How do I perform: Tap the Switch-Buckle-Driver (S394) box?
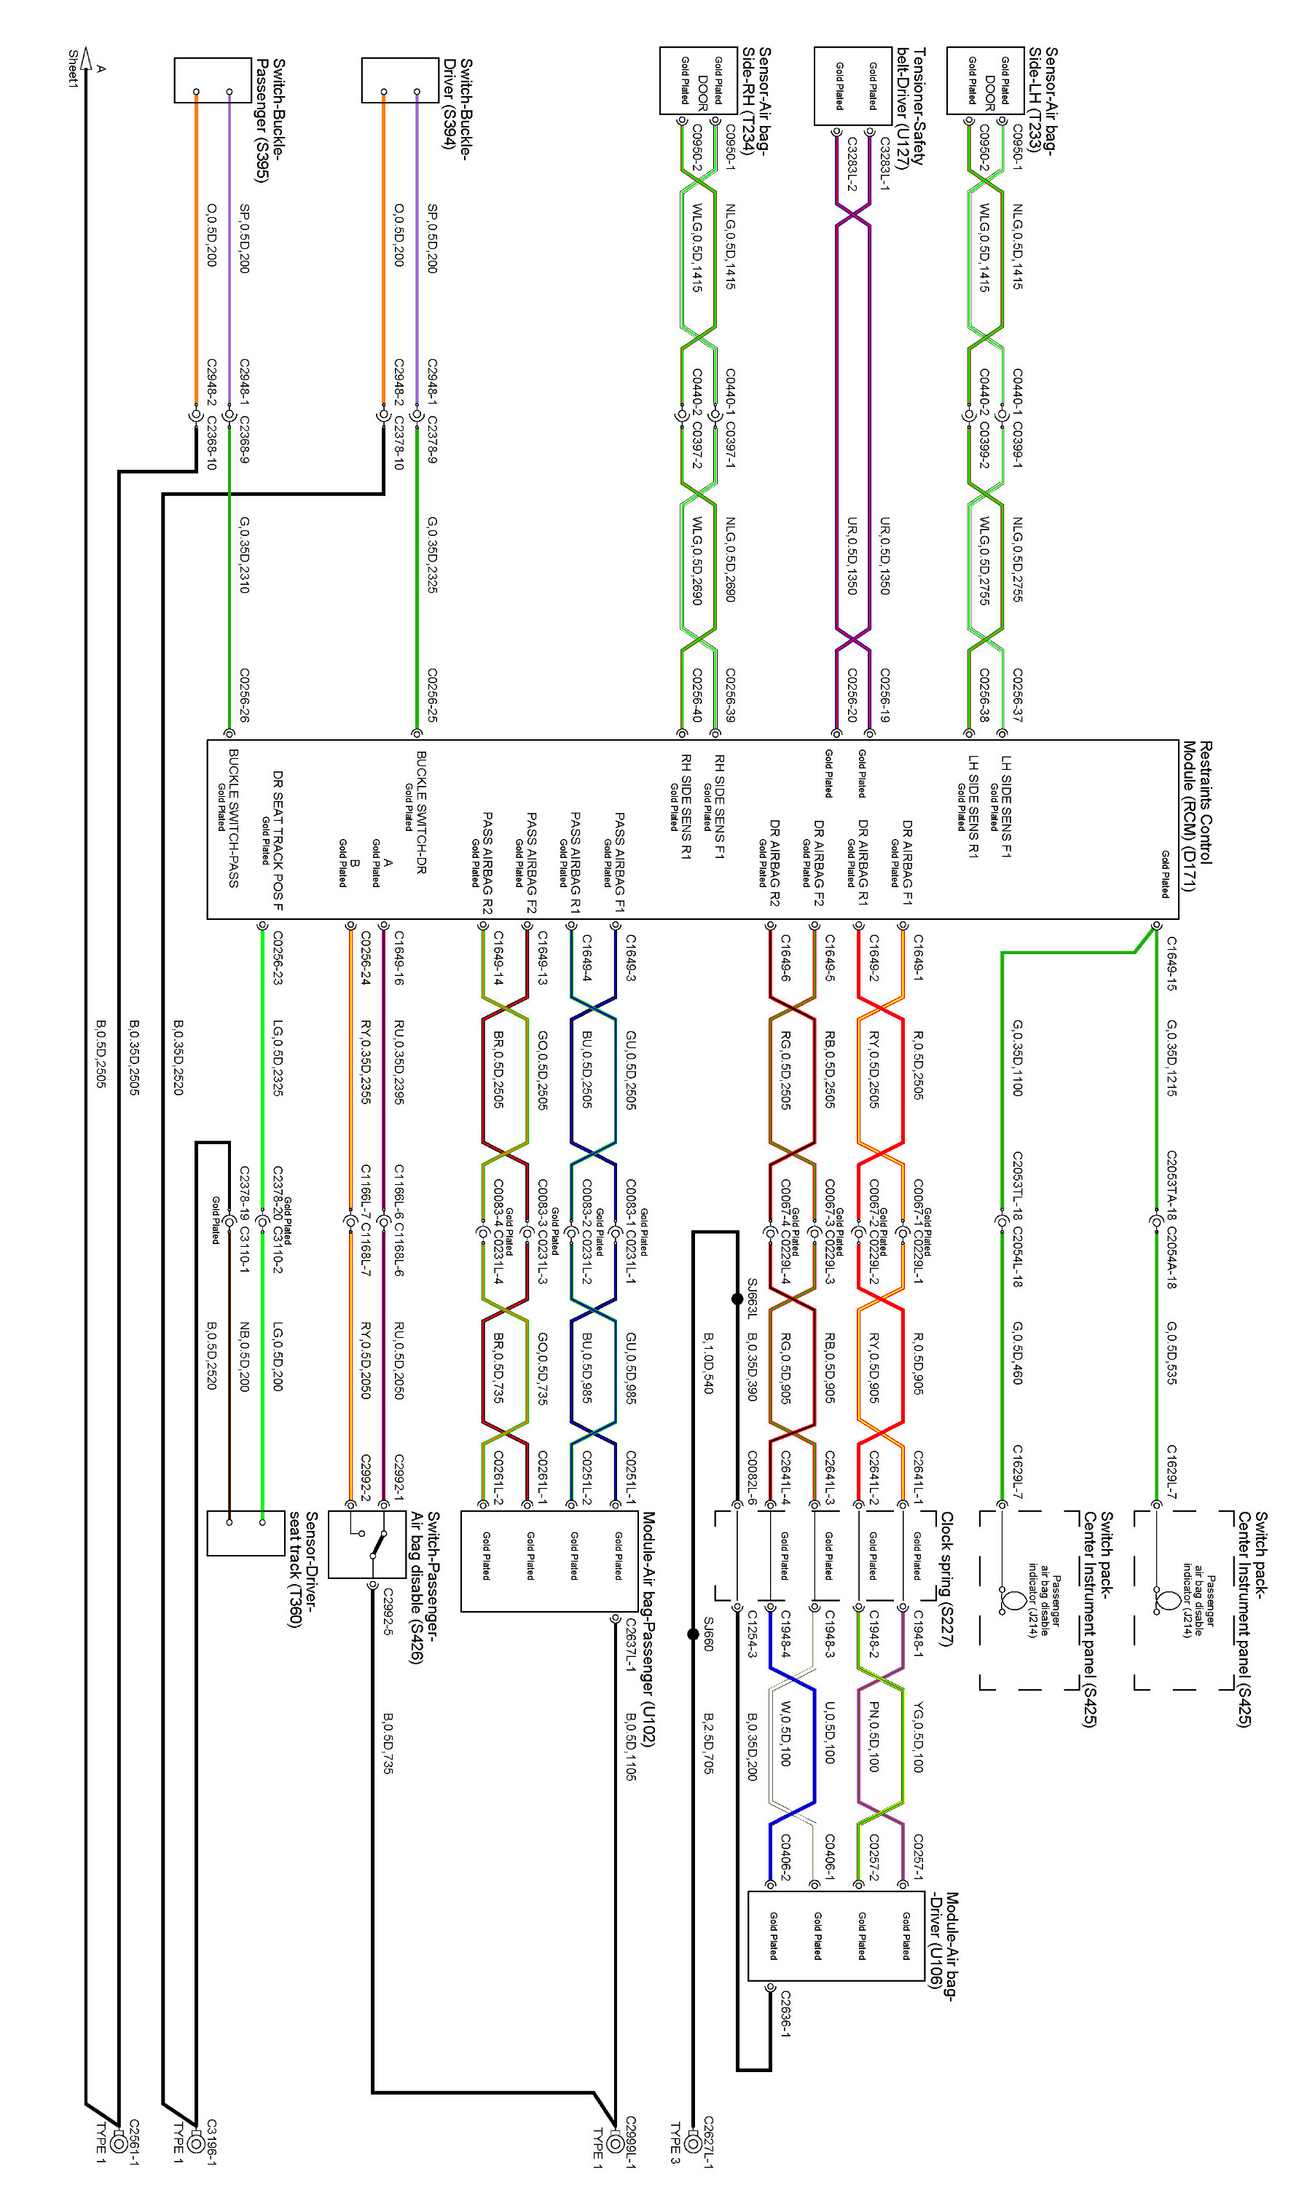400,81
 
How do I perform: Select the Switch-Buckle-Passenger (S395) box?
212,81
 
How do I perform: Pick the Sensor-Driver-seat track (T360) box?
246,1532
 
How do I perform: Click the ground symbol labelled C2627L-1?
693,2140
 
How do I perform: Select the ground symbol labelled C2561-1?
119,2140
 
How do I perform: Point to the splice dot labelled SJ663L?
737,1299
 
